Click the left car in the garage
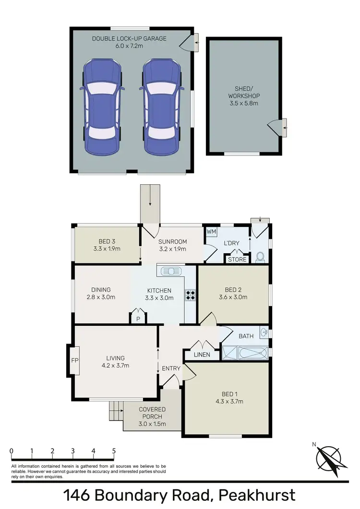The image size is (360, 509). pyautogui.click(x=102, y=107)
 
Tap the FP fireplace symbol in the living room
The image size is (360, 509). pyautogui.click(x=74, y=360)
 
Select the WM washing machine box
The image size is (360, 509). pyautogui.click(x=211, y=232)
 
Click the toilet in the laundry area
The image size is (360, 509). pyautogui.click(x=261, y=258)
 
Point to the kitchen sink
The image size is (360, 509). pyautogui.click(x=170, y=271)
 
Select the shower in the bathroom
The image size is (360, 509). pyautogui.click(x=230, y=354)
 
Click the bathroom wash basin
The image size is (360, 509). pyautogui.click(x=264, y=332)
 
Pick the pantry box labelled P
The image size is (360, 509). pyautogui.click(x=138, y=318)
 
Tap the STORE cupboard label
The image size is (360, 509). pyautogui.click(x=237, y=260)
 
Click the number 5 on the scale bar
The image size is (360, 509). pyautogui.click(x=114, y=451)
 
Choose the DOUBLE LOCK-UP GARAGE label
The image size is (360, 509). pyautogui.click(x=129, y=38)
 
